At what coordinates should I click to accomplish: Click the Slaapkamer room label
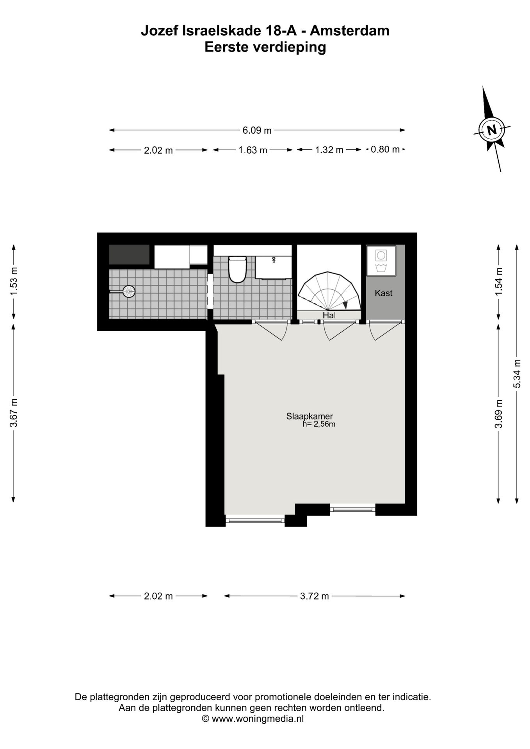309,416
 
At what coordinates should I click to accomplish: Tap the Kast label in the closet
384,293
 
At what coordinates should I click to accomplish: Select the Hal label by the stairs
329,315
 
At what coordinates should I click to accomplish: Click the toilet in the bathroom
237,269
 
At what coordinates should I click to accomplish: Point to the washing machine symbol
381,261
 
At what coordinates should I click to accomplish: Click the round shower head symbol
129,291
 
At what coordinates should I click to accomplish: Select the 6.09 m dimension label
257,130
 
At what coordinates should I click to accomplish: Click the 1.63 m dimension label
253,150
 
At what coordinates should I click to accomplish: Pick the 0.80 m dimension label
385,149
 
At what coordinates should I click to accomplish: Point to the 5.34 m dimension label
517,373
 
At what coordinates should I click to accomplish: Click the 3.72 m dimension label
315,596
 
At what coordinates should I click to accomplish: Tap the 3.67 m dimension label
14,413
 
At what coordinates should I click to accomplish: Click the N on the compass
492,130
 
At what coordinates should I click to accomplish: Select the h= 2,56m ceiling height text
319,424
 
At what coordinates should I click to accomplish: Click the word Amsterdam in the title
350,30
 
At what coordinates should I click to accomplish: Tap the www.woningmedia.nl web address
258,719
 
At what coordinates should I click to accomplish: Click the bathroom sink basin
274,267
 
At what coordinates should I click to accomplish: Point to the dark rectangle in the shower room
129,254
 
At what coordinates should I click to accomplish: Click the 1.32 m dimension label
329,150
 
